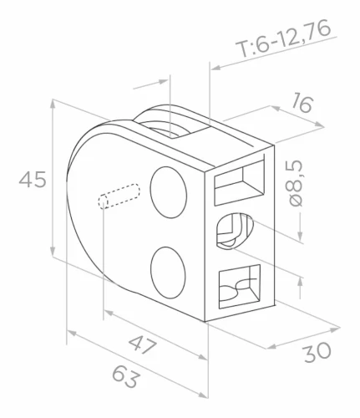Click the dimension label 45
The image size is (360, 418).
tap(33, 180)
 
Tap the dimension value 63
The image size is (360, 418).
tap(125, 377)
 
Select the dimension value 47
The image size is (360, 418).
tap(142, 344)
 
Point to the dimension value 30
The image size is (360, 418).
tap(317, 353)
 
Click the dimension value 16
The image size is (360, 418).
tap(302, 103)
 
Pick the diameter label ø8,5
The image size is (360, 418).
tap(296, 183)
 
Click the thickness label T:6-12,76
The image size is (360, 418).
tap(283, 38)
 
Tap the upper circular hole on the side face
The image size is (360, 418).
tap(168, 192)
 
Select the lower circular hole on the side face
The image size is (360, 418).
tap(168, 273)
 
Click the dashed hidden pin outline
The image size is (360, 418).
tap(119, 196)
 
